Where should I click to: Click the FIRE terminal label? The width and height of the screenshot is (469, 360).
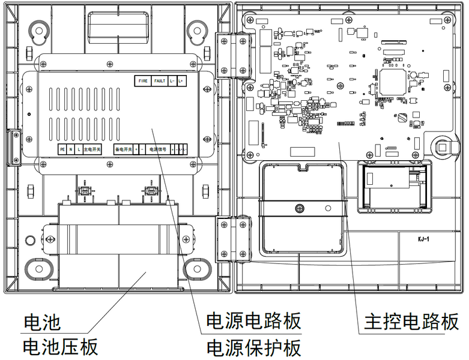pyautogui.click(x=143, y=80)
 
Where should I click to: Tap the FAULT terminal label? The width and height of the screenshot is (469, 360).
pyautogui.click(x=159, y=80)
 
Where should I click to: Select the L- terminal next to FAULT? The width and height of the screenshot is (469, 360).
pyautogui.click(x=172, y=80)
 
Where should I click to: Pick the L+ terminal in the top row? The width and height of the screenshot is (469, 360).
pyautogui.click(x=181, y=80)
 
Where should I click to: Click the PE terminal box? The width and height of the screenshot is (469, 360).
pyautogui.click(x=62, y=149)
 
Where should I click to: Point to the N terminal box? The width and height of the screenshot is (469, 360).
pyautogui.click(x=70, y=149)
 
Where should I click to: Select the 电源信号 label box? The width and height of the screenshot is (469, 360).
pyautogui.click(x=157, y=149)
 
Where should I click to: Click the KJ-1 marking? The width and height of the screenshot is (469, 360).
pyautogui.click(x=425, y=239)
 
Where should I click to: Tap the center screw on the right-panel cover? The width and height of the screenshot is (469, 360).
pyautogui.click(x=298, y=208)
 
